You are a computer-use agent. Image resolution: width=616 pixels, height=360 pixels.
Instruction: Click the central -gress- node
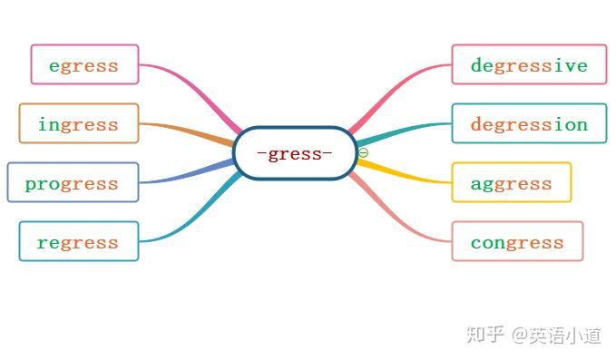click(295, 153)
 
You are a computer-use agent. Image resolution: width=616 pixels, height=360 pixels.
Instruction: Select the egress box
click(84, 64)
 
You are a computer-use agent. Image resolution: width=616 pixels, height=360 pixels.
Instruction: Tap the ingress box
click(79, 123)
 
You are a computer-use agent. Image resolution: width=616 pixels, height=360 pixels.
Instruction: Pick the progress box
click(73, 182)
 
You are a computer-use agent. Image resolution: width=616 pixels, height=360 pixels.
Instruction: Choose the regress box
click(79, 241)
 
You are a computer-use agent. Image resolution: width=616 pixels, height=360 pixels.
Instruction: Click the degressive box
click(529, 64)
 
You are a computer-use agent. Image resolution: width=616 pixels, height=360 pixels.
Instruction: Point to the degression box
click(529, 123)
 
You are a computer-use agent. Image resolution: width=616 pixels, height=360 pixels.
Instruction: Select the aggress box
click(511, 182)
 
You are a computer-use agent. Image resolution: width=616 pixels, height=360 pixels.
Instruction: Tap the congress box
click(517, 241)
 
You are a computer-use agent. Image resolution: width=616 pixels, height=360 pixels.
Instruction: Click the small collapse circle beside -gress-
click(363, 152)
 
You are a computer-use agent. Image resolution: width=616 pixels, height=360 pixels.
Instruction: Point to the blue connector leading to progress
click(186, 175)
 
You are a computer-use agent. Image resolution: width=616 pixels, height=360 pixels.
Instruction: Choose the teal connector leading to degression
click(404, 131)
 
